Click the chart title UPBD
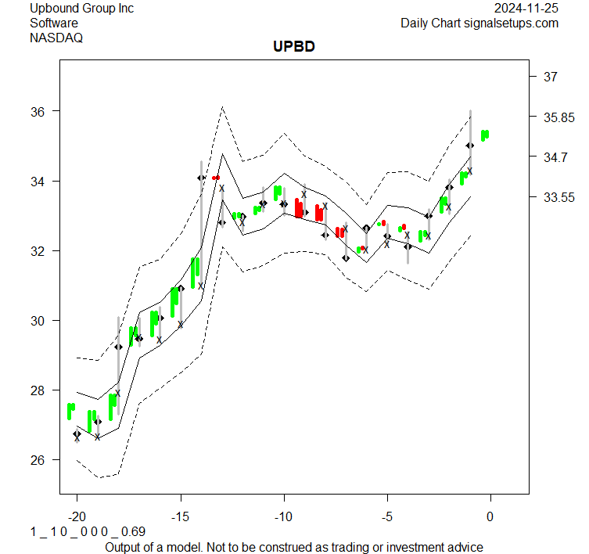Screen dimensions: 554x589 coord(294,48)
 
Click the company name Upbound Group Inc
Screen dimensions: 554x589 coord(81,9)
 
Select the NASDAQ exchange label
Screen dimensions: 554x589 coord(56,37)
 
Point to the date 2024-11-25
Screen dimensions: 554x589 coord(527,9)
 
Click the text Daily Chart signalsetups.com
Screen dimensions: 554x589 coord(479,23)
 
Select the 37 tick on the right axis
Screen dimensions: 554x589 coord(550,77)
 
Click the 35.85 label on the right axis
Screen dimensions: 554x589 coord(557,117)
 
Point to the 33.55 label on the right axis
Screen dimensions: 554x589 coord(557,197)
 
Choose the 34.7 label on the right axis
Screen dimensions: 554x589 coord(553,157)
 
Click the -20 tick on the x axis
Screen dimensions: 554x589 coord(77,516)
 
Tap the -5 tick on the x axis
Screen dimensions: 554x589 coord(386,516)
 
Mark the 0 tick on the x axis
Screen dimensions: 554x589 coord(490,516)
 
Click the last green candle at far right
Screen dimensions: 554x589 coord(485,135)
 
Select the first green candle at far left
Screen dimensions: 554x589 coord(71,411)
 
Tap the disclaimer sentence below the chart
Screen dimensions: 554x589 coord(294,546)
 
